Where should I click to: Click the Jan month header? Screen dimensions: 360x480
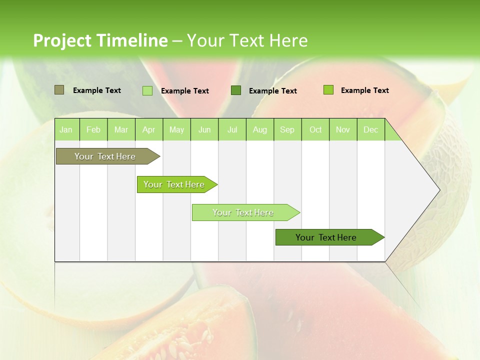point(66,129)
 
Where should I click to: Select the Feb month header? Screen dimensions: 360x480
point(93,129)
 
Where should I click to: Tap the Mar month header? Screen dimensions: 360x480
point(121,129)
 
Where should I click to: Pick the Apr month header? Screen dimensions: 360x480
point(149,129)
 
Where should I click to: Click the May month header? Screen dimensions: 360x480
point(176,129)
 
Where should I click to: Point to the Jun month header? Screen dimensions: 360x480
point(204,129)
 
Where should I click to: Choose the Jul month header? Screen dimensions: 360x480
point(232,129)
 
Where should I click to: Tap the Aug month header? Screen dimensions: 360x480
point(260,129)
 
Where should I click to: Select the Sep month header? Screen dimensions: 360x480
point(287,129)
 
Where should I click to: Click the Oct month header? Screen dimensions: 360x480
point(315,129)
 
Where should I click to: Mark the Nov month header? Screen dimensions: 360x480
point(343,129)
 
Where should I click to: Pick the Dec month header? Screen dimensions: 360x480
point(371,129)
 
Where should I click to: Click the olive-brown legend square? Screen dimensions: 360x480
point(59,90)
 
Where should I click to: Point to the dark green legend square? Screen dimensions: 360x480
point(236,90)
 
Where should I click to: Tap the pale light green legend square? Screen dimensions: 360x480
point(147,90)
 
